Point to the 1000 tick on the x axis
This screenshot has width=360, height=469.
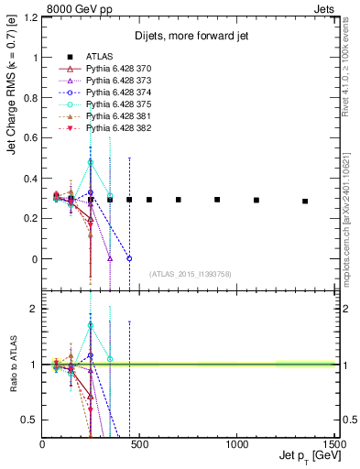236,444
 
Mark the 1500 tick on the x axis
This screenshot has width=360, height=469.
333,444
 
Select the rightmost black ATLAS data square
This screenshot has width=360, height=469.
305,201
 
